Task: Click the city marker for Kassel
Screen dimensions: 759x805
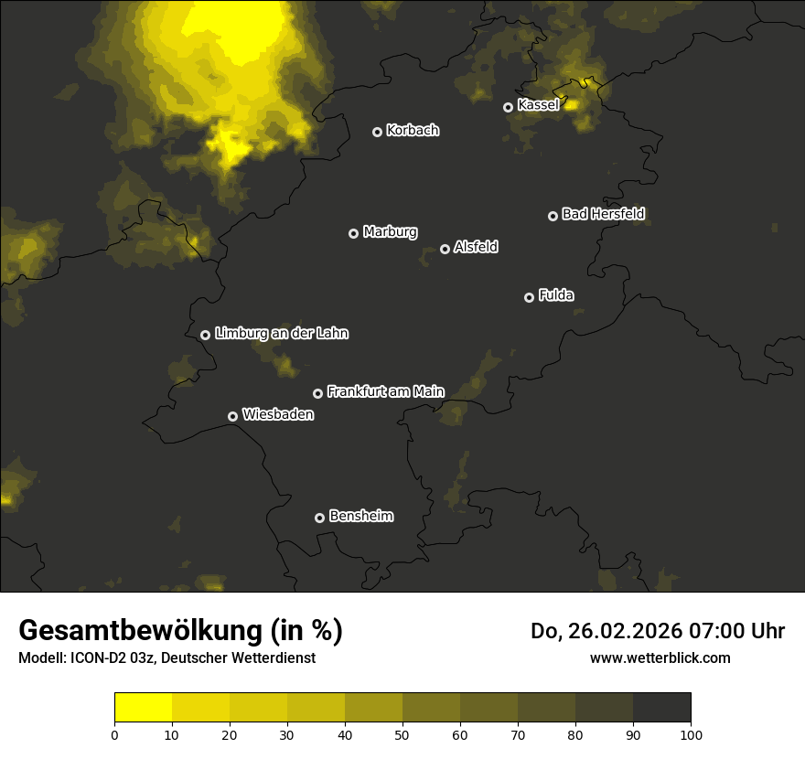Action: (508, 107)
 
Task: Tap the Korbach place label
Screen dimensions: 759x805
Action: (413, 130)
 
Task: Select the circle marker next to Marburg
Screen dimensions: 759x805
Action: (353, 233)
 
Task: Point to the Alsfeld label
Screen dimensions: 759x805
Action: (476, 247)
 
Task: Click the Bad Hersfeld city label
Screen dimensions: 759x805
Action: (603, 214)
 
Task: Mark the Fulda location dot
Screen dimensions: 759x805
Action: (529, 297)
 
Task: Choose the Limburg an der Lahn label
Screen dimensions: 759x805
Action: (281, 333)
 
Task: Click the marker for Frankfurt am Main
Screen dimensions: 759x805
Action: (317, 393)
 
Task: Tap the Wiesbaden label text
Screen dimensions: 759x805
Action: (277, 414)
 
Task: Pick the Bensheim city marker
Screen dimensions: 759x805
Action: (319, 518)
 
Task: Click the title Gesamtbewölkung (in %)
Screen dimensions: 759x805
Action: (180, 631)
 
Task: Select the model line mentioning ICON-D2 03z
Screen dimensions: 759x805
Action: (166, 658)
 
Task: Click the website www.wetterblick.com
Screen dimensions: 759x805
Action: (660, 658)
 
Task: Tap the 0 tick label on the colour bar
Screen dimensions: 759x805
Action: (114, 734)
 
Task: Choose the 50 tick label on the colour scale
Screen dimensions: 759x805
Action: (402, 734)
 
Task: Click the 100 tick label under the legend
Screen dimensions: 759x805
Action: (691, 734)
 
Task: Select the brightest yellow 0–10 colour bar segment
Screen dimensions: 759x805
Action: (143, 708)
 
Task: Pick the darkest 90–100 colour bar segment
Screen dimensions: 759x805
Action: (661, 708)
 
